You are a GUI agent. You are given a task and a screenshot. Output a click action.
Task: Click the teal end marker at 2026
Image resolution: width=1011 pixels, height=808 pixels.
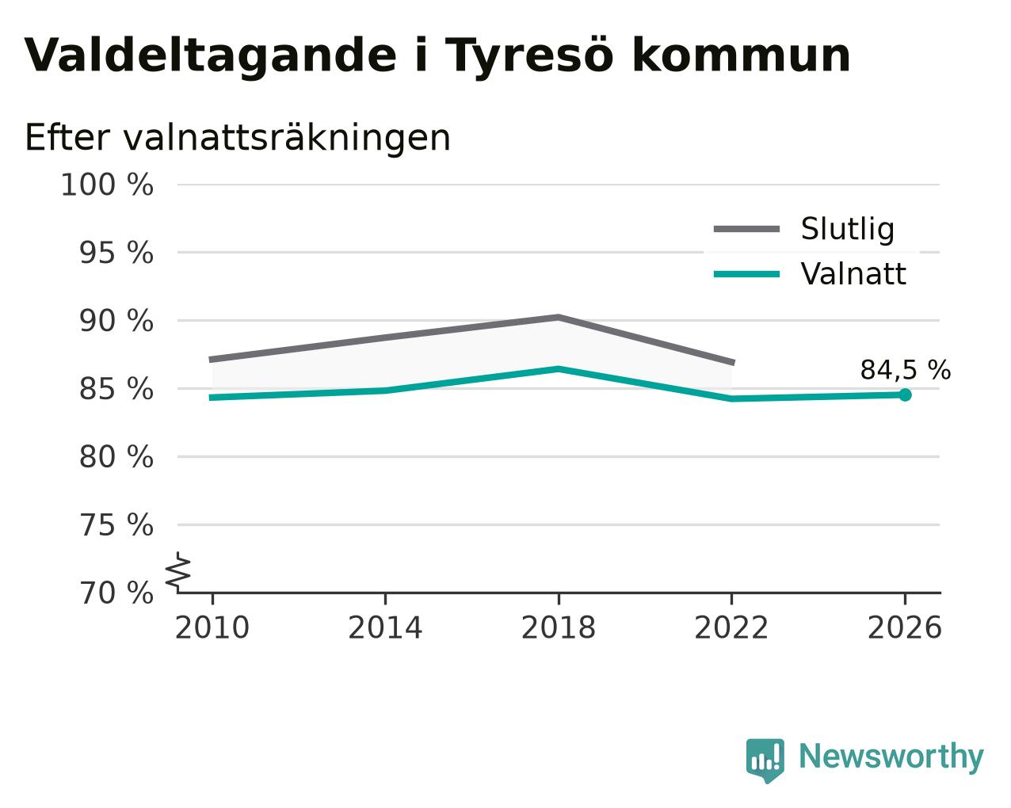click(x=905, y=395)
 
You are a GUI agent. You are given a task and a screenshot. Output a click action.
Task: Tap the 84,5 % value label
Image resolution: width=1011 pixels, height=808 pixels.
click(x=906, y=370)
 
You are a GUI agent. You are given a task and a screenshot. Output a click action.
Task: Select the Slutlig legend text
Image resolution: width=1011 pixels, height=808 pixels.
click(x=848, y=229)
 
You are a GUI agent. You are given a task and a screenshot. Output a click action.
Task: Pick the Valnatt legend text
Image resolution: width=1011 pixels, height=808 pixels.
click(x=853, y=274)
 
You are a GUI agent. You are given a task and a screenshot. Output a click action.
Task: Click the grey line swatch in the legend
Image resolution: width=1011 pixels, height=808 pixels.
click(x=746, y=229)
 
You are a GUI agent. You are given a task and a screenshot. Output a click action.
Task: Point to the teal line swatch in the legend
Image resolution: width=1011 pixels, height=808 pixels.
click(x=746, y=274)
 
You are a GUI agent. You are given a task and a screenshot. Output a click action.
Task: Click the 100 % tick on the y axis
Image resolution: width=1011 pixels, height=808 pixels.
click(x=107, y=185)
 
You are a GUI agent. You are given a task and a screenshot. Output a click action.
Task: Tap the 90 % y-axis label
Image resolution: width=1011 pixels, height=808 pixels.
click(x=116, y=322)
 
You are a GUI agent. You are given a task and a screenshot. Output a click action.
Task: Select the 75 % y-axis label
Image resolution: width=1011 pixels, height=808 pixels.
click(x=116, y=525)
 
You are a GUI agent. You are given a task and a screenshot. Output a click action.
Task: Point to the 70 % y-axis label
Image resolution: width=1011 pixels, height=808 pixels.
click(x=116, y=593)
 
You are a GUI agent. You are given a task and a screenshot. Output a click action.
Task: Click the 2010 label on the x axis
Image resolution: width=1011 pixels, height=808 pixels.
click(x=212, y=628)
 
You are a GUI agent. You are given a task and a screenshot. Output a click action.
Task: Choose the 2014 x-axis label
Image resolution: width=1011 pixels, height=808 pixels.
click(x=385, y=628)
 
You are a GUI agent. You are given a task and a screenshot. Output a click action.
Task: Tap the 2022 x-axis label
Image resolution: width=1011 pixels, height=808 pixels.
click(x=731, y=628)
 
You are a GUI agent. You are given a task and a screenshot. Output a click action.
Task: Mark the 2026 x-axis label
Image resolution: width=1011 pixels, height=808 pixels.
click(x=904, y=628)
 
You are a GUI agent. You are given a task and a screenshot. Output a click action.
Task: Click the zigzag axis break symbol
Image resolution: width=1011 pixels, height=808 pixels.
click(x=178, y=571)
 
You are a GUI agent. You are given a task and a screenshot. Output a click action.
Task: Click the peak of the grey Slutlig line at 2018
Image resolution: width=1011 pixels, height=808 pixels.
click(x=558, y=318)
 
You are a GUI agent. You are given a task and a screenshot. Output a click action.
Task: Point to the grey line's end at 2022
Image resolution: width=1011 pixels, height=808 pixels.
click(x=733, y=363)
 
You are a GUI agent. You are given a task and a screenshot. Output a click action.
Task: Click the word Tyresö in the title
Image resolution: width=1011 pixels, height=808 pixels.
click(x=529, y=56)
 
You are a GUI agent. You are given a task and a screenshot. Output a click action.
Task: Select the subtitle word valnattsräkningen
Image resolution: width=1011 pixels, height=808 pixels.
click(x=287, y=138)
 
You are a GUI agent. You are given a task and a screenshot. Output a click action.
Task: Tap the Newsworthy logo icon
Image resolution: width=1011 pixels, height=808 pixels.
click(x=765, y=760)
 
